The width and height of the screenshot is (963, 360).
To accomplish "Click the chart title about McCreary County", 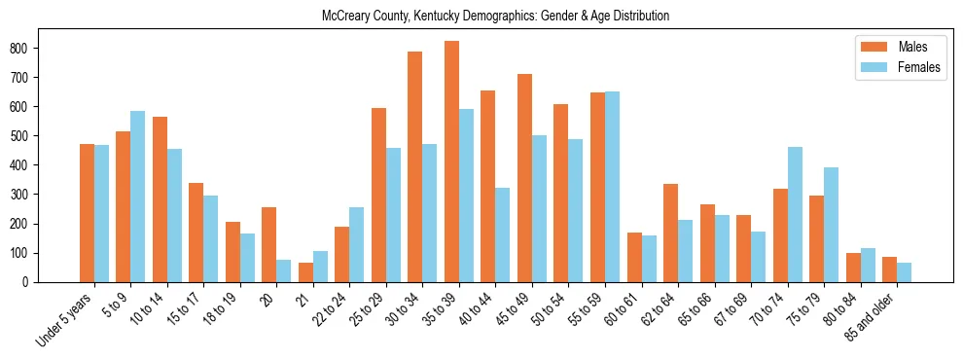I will pos(495,17).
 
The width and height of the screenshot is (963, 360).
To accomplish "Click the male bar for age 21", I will pos(305,272).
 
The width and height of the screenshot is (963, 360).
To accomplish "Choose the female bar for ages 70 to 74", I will pos(795,214).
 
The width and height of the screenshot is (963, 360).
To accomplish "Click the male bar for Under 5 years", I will pos(87,213).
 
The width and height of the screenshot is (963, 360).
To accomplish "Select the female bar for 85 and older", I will pos(904,272).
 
